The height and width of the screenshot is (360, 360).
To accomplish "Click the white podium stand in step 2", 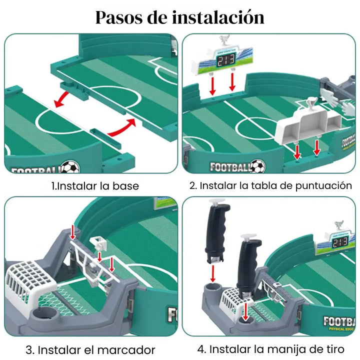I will [305, 127].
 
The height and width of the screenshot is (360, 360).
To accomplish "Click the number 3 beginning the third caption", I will [29, 349].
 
